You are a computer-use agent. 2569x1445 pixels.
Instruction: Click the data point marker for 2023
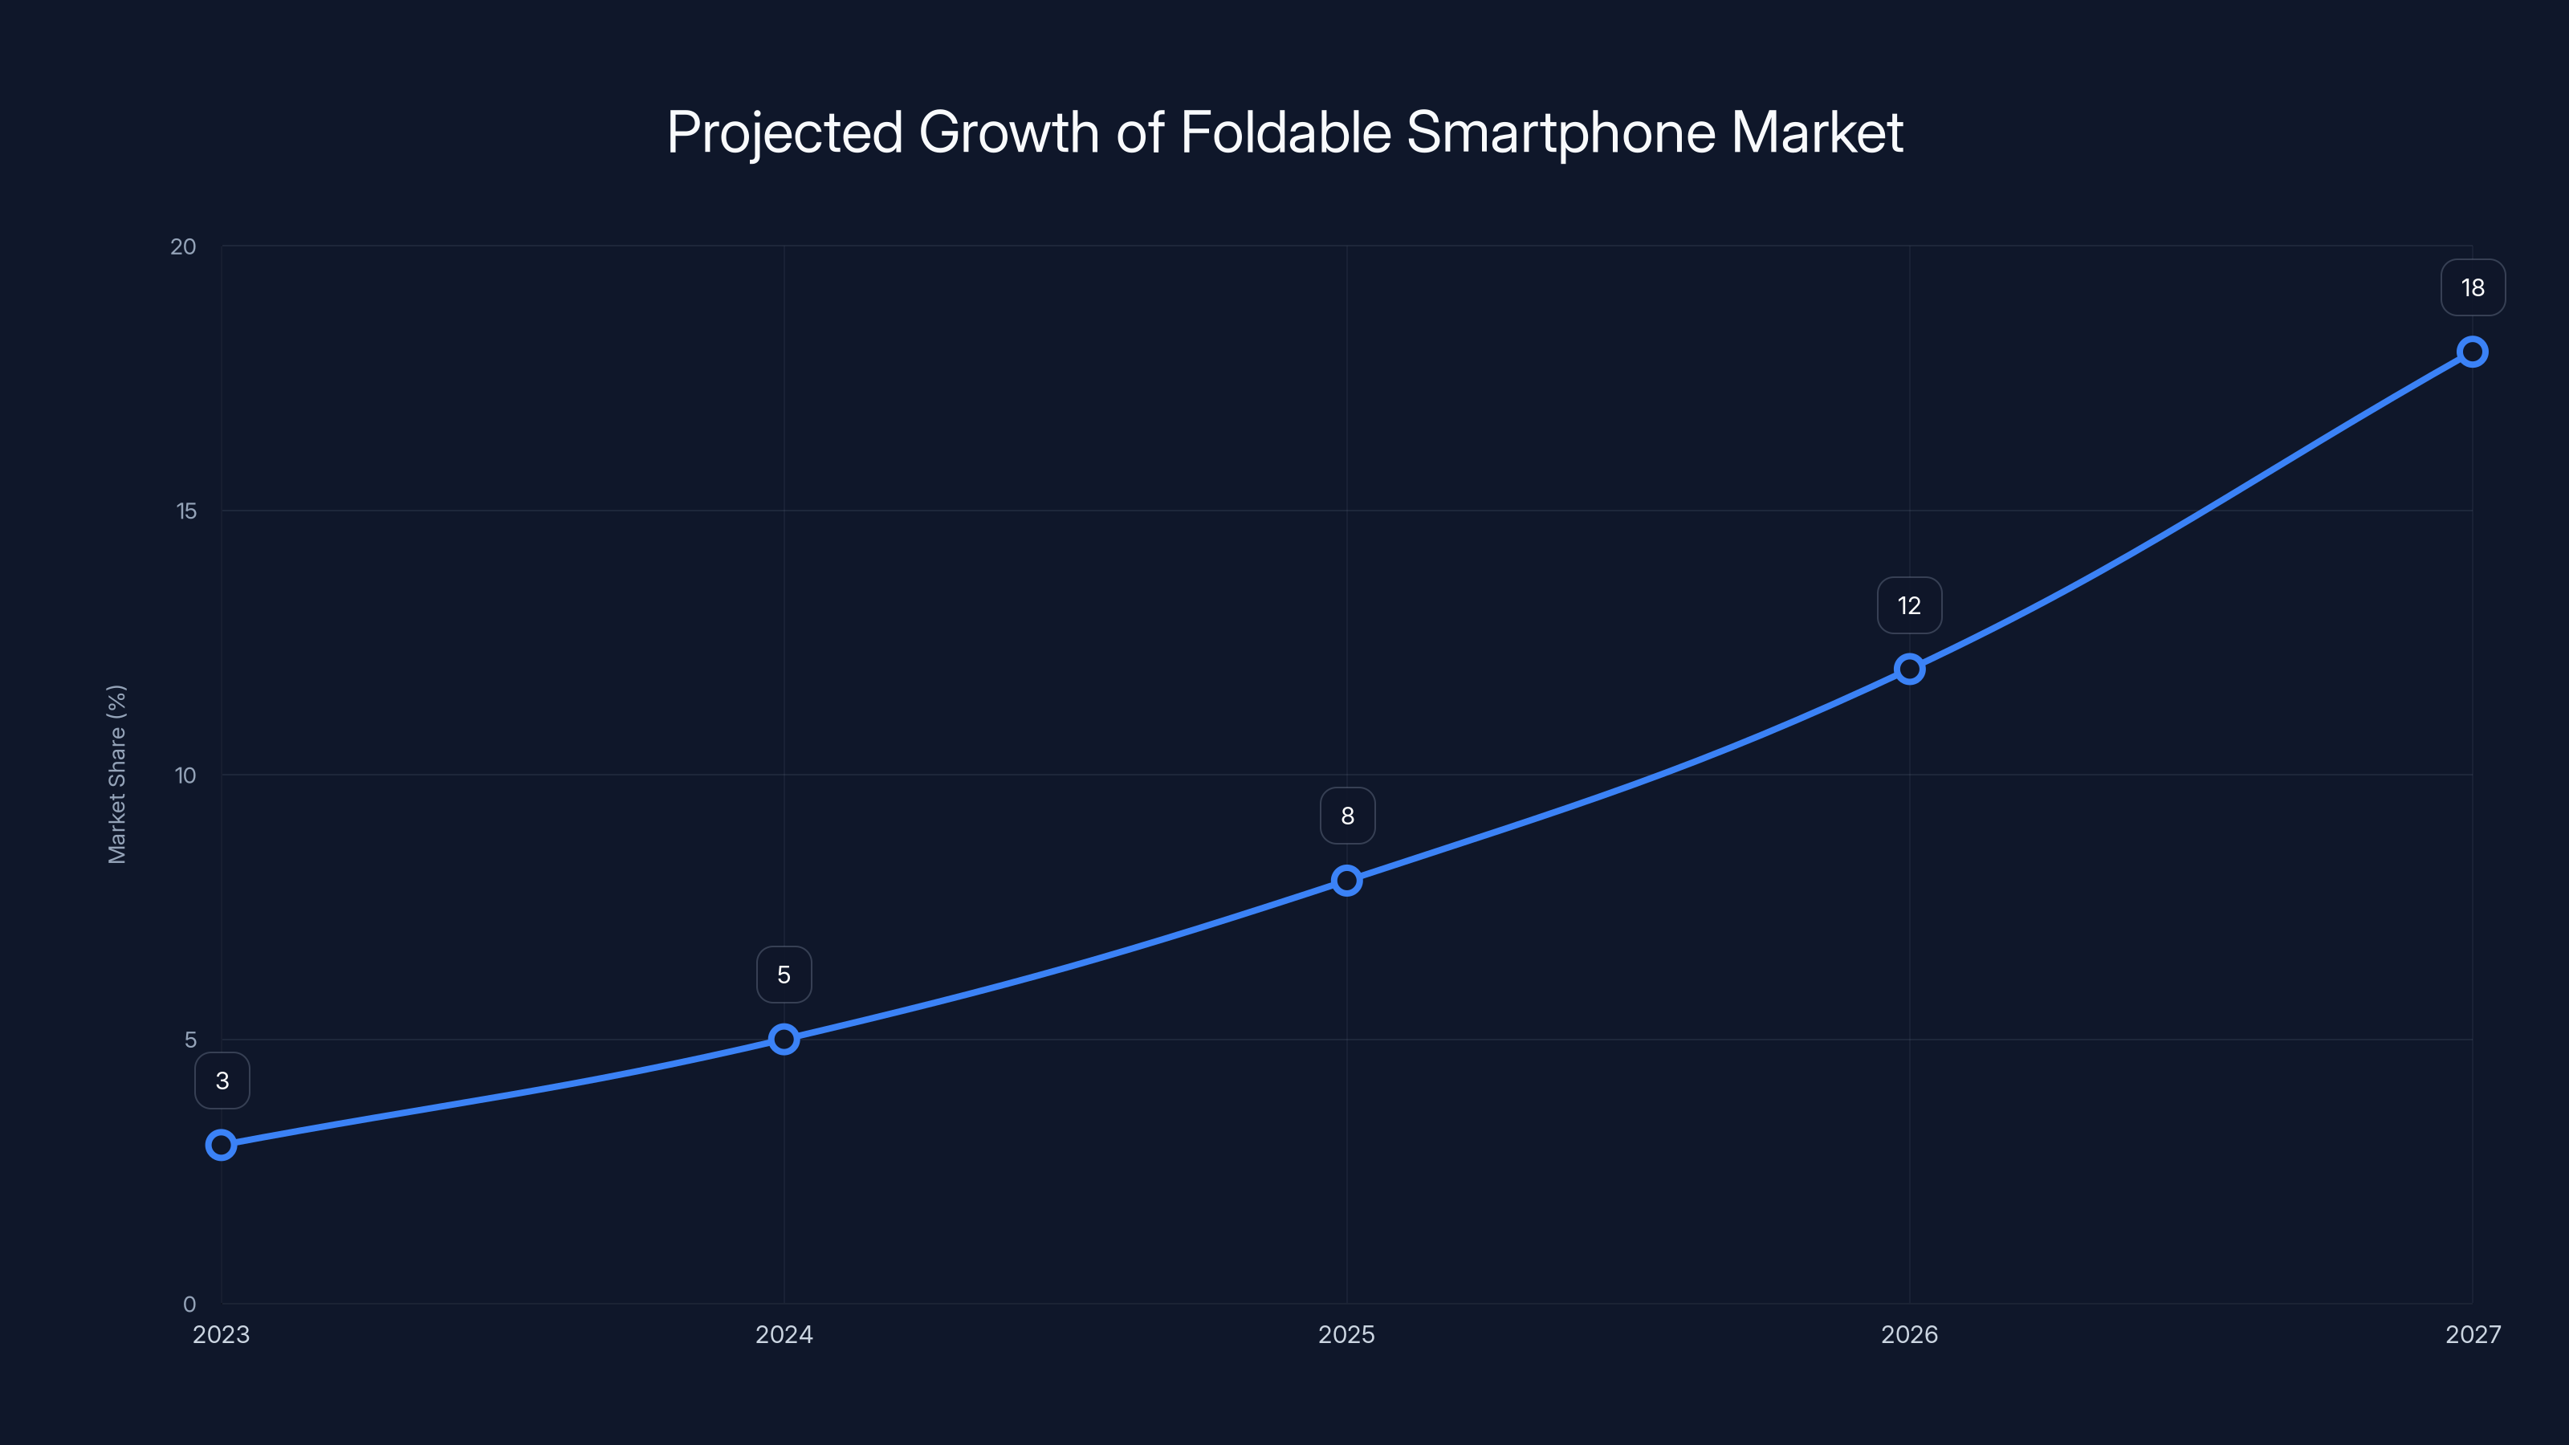pyautogui.click(x=222, y=1145)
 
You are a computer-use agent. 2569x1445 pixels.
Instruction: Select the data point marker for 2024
pyautogui.click(x=784, y=1039)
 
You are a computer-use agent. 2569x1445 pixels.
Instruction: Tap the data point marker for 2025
pyautogui.click(x=1346, y=881)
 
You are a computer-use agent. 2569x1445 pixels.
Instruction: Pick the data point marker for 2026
pyautogui.click(x=1909, y=670)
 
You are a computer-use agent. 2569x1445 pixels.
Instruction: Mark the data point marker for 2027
pyautogui.click(x=2473, y=352)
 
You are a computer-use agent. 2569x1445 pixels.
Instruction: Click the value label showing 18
pyautogui.click(x=2473, y=288)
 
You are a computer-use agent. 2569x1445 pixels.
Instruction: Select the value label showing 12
pyautogui.click(x=1909, y=605)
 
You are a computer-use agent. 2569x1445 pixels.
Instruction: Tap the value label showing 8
pyautogui.click(x=1347, y=816)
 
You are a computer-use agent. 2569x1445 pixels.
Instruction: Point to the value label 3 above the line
pyautogui.click(x=222, y=1081)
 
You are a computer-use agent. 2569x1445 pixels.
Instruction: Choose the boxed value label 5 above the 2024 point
pyautogui.click(x=784, y=975)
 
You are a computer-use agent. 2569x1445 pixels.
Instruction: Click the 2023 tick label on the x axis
pyautogui.click(x=222, y=1334)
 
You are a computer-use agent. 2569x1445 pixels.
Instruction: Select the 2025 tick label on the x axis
pyautogui.click(x=1346, y=1334)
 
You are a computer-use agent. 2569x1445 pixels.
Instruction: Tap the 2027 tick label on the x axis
pyautogui.click(x=2473, y=1334)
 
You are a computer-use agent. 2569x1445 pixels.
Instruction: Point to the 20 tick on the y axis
pyautogui.click(x=184, y=246)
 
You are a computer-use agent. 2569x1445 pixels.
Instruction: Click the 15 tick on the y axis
pyautogui.click(x=186, y=511)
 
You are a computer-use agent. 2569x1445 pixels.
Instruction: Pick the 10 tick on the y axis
pyautogui.click(x=185, y=775)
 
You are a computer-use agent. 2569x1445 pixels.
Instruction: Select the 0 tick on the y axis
pyautogui.click(x=189, y=1305)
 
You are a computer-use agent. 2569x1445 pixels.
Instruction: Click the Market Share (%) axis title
pyautogui.click(x=116, y=774)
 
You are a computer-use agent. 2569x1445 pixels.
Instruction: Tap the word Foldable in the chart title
pyautogui.click(x=1285, y=132)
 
